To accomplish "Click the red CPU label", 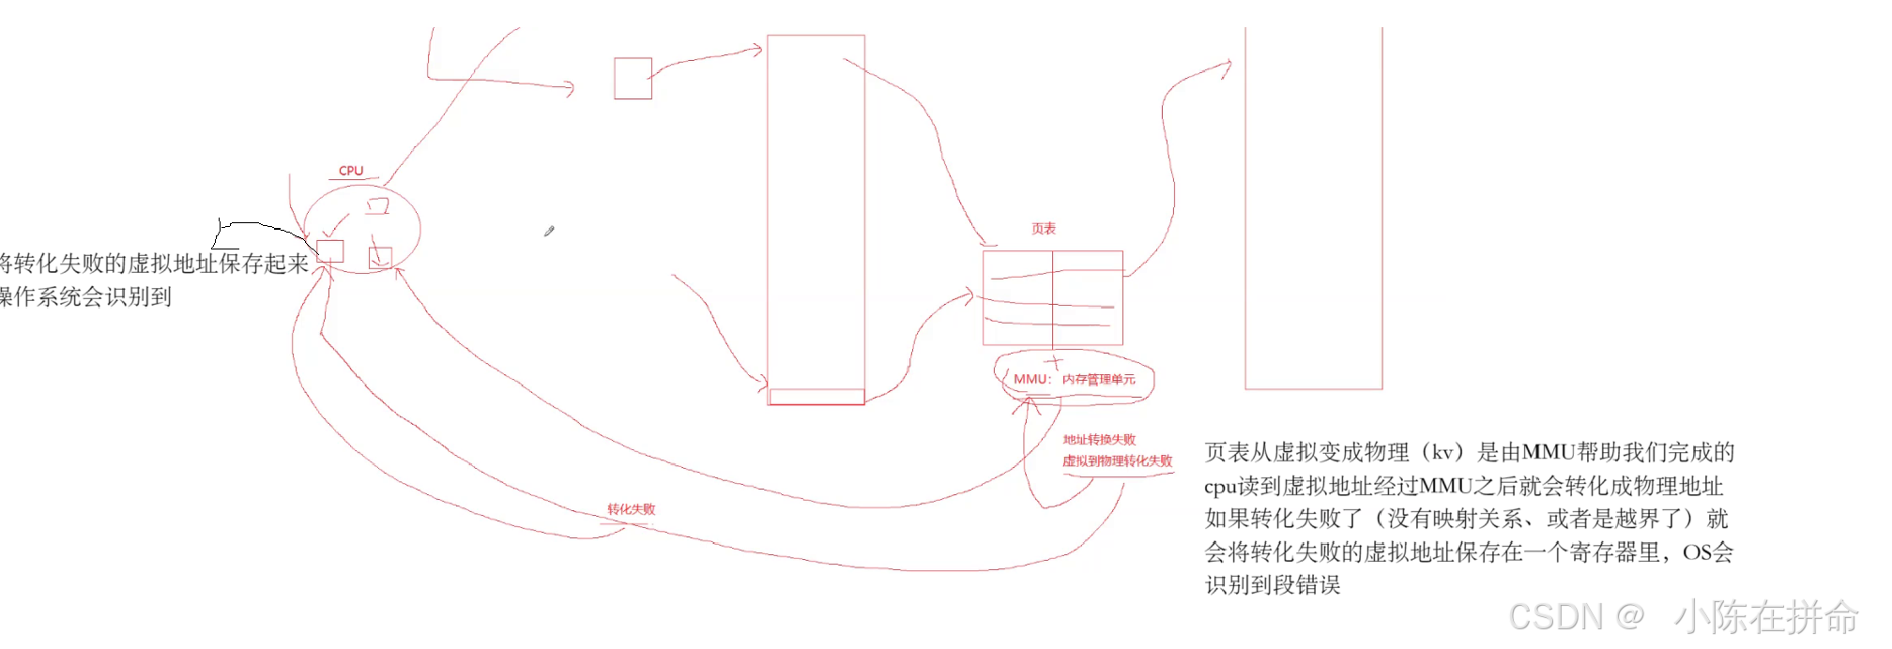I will (351, 171).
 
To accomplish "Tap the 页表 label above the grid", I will (1044, 229).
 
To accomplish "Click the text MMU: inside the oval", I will (1032, 379).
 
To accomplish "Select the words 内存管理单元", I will (1099, 379).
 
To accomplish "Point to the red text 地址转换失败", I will (1099, 440).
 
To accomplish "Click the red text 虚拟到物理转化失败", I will (1117, 460).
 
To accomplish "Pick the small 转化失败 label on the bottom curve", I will (631, 509).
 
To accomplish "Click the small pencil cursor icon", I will (549, 231).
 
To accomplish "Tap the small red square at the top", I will (633, 79).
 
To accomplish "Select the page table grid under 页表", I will (1052, 298).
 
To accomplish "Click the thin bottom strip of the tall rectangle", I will (816, 397).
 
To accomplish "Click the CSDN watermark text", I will (1576, 616).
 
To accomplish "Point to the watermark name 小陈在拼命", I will (1765, 617).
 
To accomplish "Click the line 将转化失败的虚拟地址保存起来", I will (154, 264).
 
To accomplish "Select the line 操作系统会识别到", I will (85, 297).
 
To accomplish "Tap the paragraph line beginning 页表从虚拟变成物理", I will (1469, 452).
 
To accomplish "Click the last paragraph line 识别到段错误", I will (1273, 585).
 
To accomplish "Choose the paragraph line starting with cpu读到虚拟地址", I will (1463, 486).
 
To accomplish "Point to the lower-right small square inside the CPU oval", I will (380, 257).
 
